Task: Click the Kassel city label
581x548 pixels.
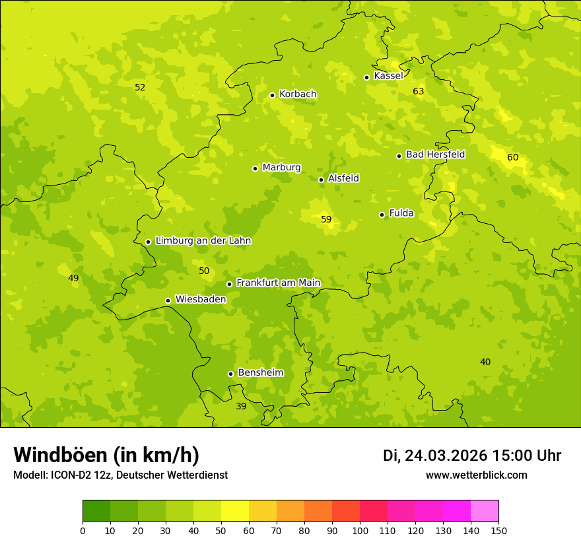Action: coord(388,76)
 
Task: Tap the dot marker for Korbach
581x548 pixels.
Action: coord(272,95)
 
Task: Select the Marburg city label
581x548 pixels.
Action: coord(281,168)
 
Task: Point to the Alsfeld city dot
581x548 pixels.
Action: coord(321,180)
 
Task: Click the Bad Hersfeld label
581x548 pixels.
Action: coord(435,154)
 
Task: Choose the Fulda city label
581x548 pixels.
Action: coord(401,213)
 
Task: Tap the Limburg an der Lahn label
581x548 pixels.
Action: coord(203,241)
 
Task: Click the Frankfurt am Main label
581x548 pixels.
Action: coord(278,283)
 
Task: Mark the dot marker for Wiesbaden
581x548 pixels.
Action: coord(168,300)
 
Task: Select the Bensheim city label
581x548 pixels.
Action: coord(260,373)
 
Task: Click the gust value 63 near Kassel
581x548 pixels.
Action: coord(419,91)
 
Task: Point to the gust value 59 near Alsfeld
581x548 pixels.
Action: coord(326,219)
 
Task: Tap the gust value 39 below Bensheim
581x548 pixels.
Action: coord(241,406)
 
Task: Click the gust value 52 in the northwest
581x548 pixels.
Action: coord(140,87)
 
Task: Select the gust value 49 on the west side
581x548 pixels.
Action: coord(73,278)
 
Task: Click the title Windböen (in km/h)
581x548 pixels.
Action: coord(106,455)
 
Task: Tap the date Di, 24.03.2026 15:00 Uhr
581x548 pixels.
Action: coord(472,456)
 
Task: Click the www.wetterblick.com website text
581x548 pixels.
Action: coord(476,475)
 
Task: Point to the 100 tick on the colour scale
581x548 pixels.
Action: coord(360,530)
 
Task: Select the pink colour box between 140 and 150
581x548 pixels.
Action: coord(485,511)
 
